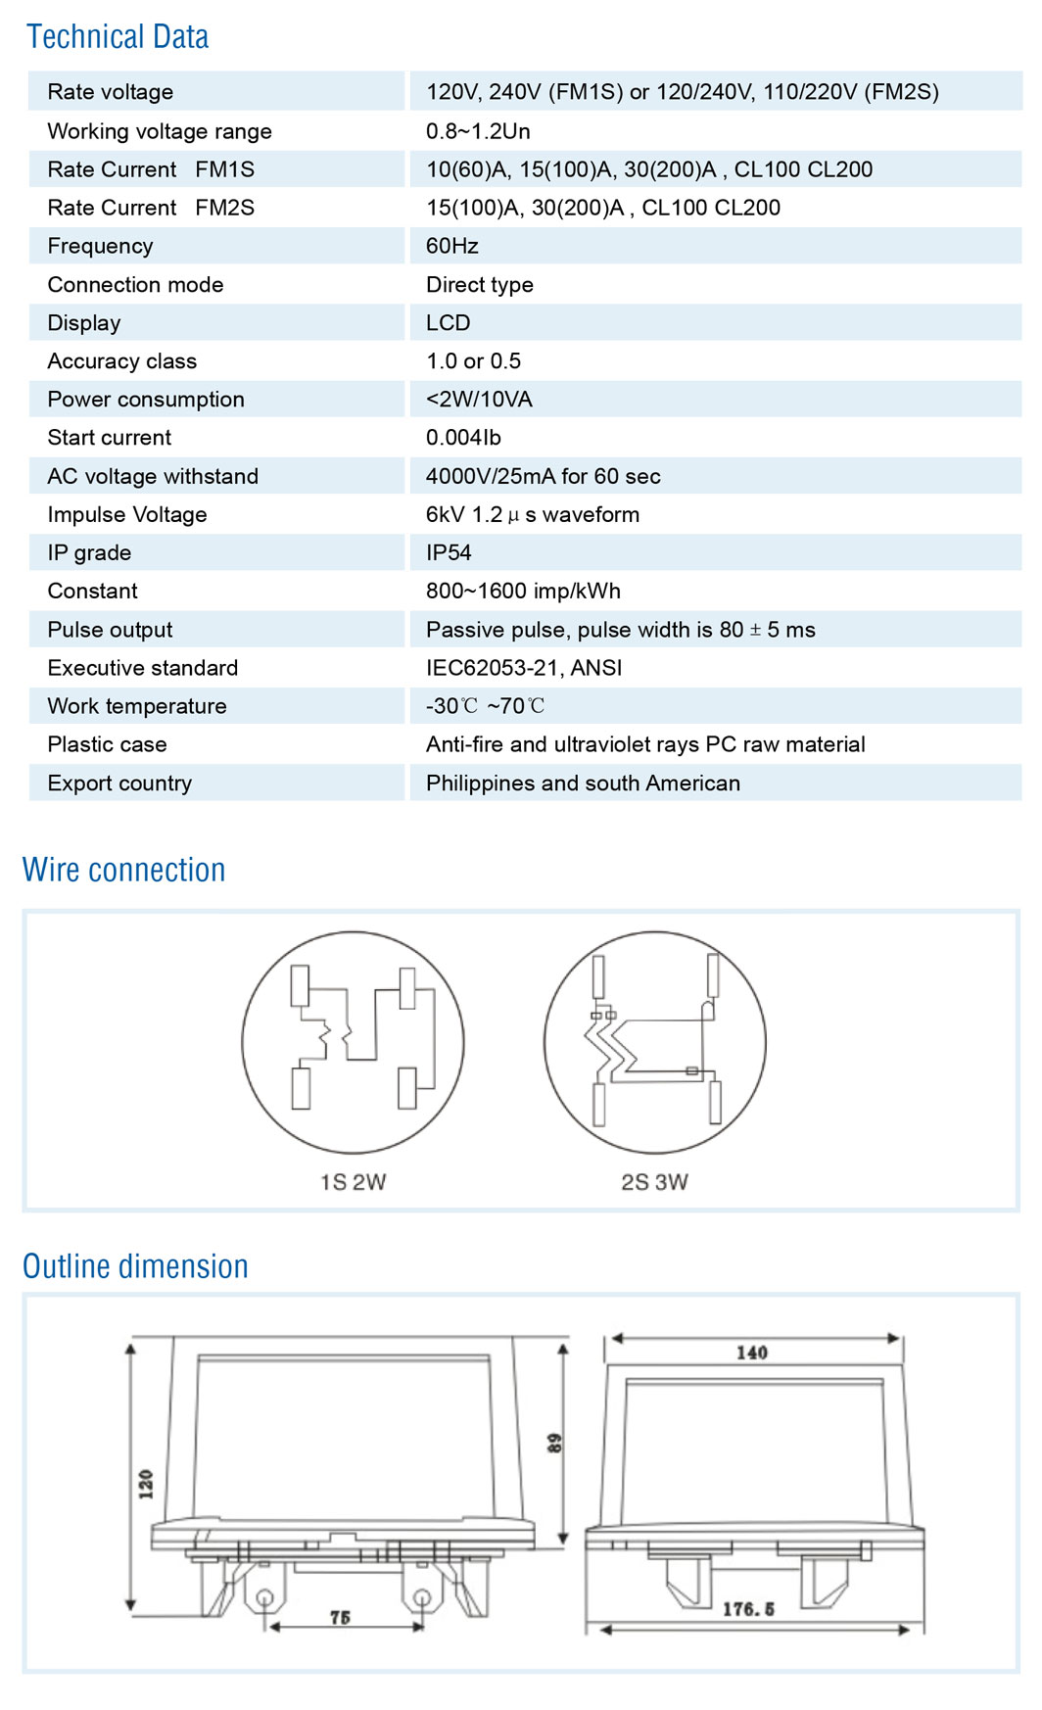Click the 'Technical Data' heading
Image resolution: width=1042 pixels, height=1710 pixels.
coord(118,37)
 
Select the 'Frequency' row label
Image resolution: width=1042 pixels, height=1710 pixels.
coord(100,246)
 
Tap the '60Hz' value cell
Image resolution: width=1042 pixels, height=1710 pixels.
coord(451,246)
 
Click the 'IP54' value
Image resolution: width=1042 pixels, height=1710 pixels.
coord(449,552)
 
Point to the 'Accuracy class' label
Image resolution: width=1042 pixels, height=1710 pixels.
coord(121,361)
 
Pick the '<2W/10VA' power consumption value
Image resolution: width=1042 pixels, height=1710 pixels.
coord(479,400)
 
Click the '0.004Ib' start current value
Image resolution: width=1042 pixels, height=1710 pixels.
coord(463,438)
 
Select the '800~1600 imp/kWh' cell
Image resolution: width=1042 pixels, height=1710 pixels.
coord(523,591)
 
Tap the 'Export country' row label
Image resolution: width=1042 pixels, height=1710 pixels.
coord(119,784)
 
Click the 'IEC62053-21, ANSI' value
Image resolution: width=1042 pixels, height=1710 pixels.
coord(524,668)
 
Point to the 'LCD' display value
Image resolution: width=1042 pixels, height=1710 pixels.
coord(448,323)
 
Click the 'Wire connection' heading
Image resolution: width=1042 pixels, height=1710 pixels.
coord(124,870)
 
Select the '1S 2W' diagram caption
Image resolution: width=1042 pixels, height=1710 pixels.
coord(353,1182)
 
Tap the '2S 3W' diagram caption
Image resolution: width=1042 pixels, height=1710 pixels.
coord(654,1182)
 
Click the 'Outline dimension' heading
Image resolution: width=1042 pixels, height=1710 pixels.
coord(135,1266)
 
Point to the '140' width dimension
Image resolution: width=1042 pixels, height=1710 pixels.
coord(752,1353)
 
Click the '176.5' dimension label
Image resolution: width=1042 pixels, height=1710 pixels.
coord(748,1609)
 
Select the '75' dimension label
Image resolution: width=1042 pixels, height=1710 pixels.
coord(340,1618)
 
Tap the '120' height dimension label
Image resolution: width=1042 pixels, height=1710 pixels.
coord(146,1484)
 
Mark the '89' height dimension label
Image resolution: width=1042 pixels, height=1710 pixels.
coord(554,1443)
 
